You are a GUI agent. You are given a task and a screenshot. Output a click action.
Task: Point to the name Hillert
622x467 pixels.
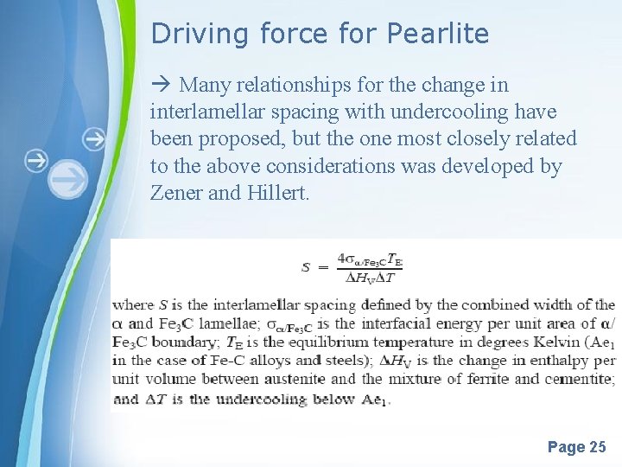(276, 193)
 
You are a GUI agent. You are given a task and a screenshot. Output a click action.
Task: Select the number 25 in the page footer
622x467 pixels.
(597, 447)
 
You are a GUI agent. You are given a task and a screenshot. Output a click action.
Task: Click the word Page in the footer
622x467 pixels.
(566, 447)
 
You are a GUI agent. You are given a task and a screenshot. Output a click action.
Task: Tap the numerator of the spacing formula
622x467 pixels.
(370, 259)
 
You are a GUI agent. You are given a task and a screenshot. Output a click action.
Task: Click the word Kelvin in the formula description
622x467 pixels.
(541, 342)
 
